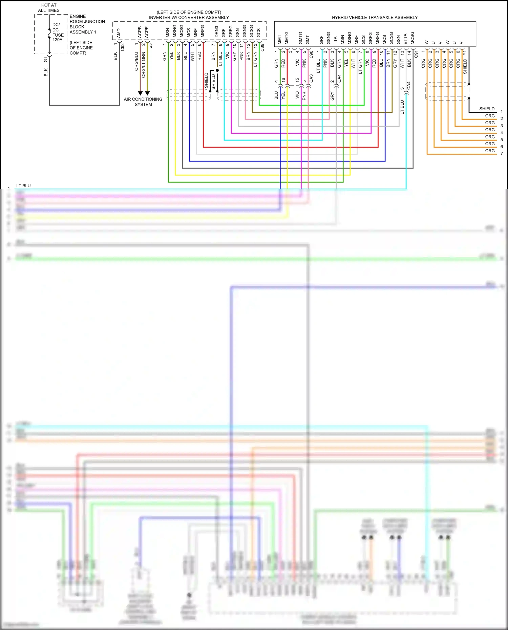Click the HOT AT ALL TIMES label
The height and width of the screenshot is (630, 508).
pos(49,8)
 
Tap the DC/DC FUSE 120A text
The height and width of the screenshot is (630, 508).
pos(58,32)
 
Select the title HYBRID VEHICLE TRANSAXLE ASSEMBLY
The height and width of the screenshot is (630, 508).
pos(375,17)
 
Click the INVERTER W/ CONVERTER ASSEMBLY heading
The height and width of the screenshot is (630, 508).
pos(189,17)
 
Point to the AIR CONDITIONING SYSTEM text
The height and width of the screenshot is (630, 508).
pos(143,102)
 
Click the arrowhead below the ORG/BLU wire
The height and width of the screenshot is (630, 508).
pos(140,93)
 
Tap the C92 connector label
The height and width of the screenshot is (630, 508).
pos(123,47)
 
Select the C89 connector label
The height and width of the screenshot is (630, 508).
pos(262,47)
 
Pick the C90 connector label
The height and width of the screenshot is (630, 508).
pos(311,54)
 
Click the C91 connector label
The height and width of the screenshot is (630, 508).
pos(416,54)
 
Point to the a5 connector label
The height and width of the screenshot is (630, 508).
pos(151,45)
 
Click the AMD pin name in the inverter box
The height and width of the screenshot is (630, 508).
pos(119,33)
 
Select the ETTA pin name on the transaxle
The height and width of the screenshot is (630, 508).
pos(405,39)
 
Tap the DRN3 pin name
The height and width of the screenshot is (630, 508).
pos(216,32)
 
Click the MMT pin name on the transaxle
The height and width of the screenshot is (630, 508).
pos(279,40)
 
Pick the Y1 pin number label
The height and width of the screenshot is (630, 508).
pos(465,52)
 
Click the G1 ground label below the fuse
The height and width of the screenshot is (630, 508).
pos(46,60)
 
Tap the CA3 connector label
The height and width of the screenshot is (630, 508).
pos(311,79)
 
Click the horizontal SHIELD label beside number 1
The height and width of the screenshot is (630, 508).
pos(487,109)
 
